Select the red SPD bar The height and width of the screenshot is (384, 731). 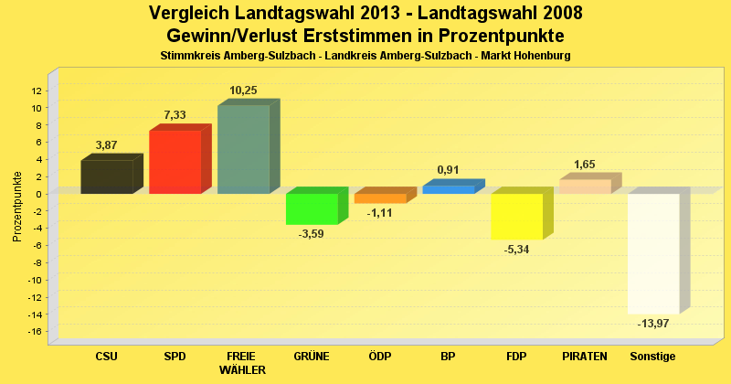click(x=175, y=162)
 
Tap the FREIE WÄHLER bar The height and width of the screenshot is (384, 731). click(x=243, y=149)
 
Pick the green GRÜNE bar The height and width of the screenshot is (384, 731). click(x=312, y=208)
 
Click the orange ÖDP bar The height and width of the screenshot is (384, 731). click(x=379, y=198)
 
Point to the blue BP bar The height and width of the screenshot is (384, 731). click(x=448, y=189)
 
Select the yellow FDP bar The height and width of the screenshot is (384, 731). click(x=516, y=216)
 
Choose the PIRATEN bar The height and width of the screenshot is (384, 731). click(x=585, y=187)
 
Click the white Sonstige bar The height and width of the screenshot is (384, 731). click(x=652, y=253)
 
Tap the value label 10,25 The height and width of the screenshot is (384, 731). click(x=243, y=91)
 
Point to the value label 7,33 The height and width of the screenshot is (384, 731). click(x=175, y=115)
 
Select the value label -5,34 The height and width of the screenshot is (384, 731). click(x=516, y=250)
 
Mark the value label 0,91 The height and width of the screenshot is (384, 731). click(x=448, y=169)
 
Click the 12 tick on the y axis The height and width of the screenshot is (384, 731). click(x=37, y=91)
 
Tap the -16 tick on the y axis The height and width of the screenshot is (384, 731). click(x=35, y=331)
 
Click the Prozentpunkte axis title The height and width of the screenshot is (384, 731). click(x=17, y=206)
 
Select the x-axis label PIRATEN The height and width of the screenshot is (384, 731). click(x=585, y=355)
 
